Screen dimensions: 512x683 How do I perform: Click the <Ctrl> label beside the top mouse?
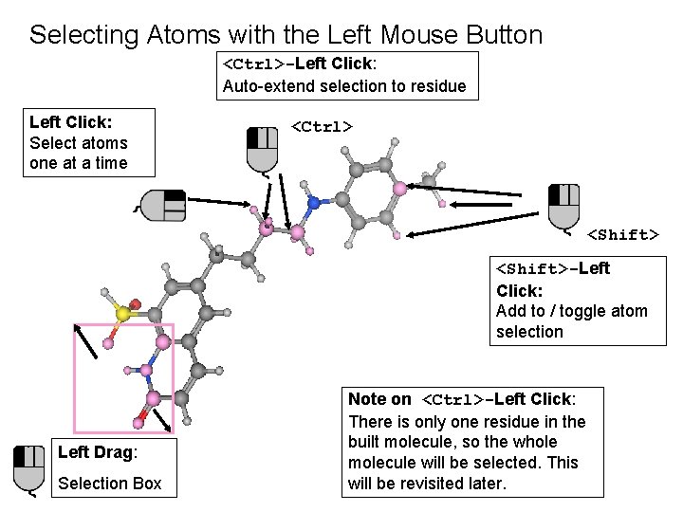click(322, 126)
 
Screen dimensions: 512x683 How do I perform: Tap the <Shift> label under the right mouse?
click(623, 234)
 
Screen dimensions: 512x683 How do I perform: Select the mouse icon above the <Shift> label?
click(564, 206)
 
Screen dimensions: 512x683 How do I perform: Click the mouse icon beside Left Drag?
click(29, 468)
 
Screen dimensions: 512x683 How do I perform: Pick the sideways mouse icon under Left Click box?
click(163, 205)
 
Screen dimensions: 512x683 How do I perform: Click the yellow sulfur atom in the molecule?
click(123, 313)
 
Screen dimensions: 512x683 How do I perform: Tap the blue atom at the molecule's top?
click(313, 202)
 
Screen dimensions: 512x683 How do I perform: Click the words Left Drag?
click(97, 452)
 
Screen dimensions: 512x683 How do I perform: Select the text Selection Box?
click(110, 484)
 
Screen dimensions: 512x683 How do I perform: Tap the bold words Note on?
click(379, 400)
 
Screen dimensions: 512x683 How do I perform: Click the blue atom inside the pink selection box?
click(146, 369)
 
